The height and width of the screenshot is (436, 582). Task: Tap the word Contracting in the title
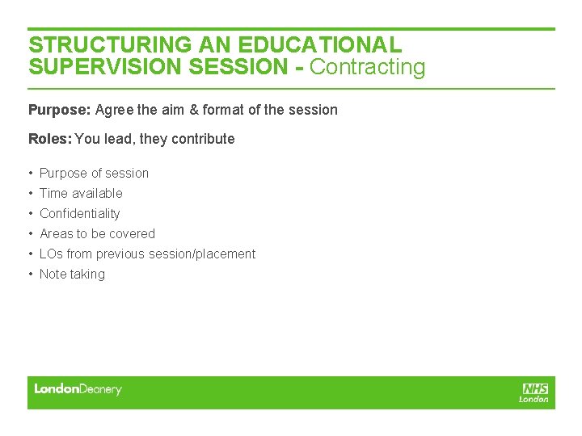(367, 67)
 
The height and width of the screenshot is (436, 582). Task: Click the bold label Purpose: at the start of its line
(60, 109)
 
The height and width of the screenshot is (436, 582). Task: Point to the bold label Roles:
(50, 139)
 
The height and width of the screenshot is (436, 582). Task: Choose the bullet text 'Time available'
(81, 193)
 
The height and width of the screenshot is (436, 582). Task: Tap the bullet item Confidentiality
(79, 213)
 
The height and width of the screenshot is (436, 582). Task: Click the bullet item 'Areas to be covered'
(97, 233)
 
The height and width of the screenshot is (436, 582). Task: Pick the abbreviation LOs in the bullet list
(51, 254)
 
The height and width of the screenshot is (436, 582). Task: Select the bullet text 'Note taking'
(72, 274)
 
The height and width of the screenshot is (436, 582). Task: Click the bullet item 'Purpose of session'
(94, 173)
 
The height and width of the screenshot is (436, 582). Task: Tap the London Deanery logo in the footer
(78, 389)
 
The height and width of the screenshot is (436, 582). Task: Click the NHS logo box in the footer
(535, 388)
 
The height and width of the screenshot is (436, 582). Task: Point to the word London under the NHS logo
(533, 399)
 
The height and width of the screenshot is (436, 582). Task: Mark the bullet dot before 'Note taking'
(30, 274)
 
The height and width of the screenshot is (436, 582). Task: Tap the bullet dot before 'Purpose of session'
(30, 173)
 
